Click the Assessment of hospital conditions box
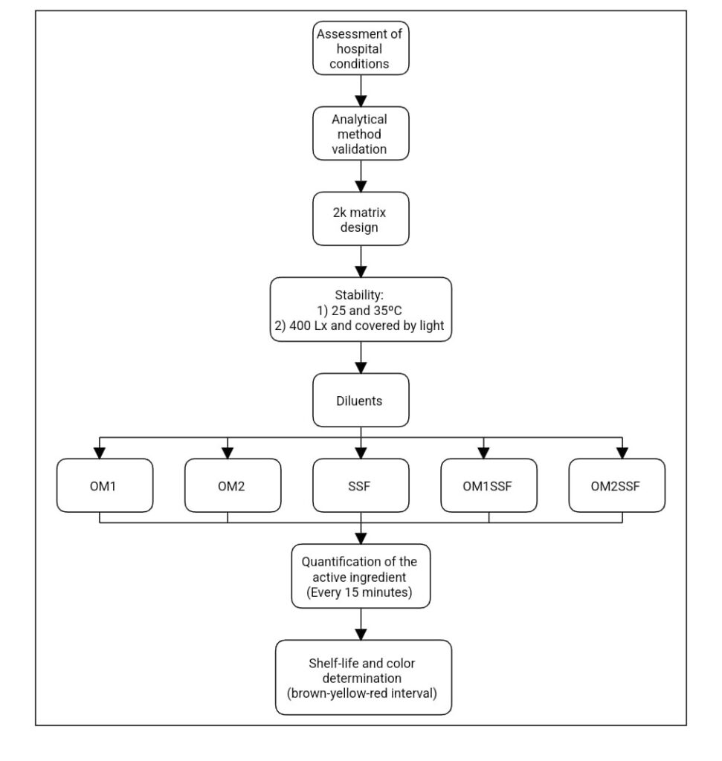(361, 48)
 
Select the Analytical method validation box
(361, 134)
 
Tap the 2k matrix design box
(361, 219)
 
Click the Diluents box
(361, 401)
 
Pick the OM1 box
(105, 485)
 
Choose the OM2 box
(233, 485)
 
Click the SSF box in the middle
(361, 485)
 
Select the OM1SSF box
(489, 485)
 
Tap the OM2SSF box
(617, 485)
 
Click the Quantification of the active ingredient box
(361, 576)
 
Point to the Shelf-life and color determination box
(364, 678)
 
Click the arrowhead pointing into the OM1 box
(100, 453)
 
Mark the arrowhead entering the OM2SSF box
(622, 453)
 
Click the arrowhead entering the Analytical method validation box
(361, 101)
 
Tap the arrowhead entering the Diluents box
(361, 368)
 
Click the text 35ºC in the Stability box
(387, 311)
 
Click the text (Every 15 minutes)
(359, 592)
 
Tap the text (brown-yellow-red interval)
(361, 693)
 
